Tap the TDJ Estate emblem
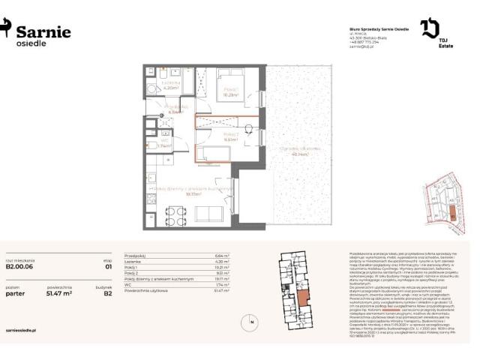[430, 29]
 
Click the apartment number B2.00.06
[21, 265]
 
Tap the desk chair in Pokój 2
[248, 129]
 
